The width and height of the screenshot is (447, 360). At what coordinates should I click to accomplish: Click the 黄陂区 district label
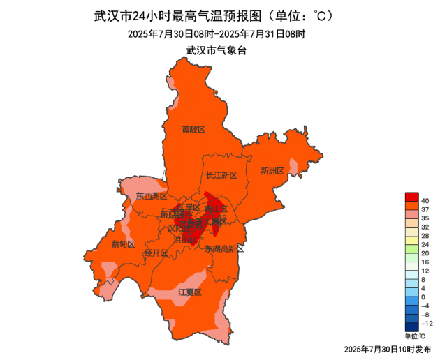click(193, 130)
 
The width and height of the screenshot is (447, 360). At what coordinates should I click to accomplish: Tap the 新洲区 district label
click(272, 171)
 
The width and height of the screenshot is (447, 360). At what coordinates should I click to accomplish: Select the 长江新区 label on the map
click(221, 175)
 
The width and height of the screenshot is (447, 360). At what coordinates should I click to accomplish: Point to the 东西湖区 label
click(152, 197)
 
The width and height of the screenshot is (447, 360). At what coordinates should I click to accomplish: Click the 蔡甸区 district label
click(123, 243)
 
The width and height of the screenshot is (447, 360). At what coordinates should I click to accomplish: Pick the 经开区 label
click(155, 253)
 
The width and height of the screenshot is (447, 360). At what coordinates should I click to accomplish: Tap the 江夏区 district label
click(190, 292)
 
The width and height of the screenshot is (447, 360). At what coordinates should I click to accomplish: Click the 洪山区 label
click(184, 239)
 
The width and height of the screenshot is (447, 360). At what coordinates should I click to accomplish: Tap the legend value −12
click(427, 324)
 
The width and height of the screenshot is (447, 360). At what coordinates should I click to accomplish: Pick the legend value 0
click(424, 297)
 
